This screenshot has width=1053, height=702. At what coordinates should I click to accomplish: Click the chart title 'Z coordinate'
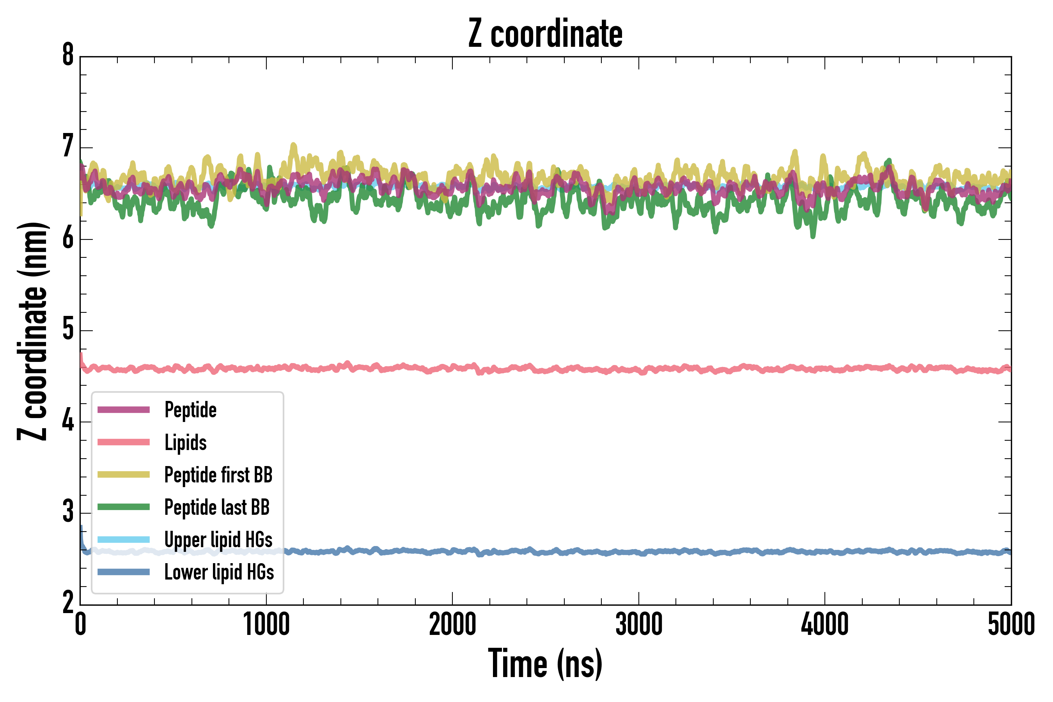point(545,34)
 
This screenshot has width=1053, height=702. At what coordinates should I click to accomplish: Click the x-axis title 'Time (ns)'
point(545,665)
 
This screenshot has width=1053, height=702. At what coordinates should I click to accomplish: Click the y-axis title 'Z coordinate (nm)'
point(32,331)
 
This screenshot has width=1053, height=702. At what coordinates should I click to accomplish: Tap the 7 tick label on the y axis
point(68,147)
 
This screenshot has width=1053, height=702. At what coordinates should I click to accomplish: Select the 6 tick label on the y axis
point(68,238)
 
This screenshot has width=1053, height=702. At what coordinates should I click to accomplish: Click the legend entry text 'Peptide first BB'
point(218,475)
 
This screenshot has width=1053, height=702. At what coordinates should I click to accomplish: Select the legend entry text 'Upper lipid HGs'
point(218,539)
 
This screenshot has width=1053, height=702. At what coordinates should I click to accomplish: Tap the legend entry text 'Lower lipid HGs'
point(219,572)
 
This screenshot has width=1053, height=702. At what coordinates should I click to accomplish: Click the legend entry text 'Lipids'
point(185,442)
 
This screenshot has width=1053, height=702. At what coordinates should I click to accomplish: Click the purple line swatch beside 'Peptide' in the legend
point(124,409)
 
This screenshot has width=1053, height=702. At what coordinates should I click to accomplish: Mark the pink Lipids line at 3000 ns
point(638,369)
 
